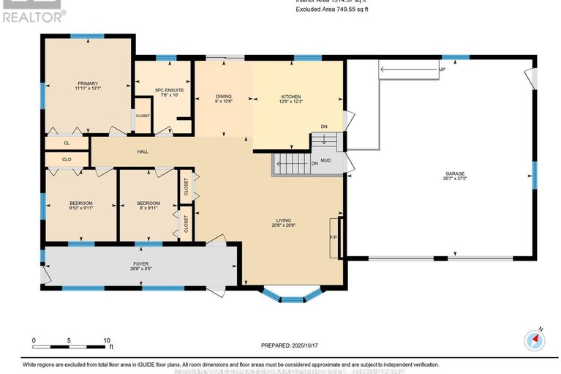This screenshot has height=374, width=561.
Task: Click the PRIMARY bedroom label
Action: pos(88,83)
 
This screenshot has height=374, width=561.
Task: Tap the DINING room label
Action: pos(224,96)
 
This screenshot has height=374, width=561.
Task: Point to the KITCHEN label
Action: pos(291,96)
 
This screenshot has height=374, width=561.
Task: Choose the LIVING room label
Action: pos(284,220)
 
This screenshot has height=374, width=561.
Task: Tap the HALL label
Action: pos(143,152)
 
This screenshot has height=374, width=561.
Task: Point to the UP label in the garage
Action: pos(441,70)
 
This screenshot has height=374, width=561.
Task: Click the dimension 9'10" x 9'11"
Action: pos(80,208)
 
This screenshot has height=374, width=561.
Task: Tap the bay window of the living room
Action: pos(292,295)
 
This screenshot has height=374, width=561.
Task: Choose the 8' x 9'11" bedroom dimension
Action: pos(148,208)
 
